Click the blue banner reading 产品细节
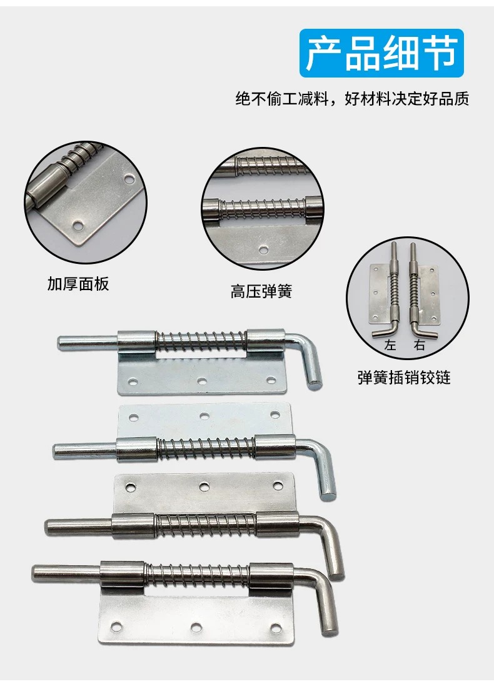tap(381, 53)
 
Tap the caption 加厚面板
tap(78, 284)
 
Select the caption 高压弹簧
tap(261, 291)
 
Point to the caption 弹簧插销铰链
tap(404, 378)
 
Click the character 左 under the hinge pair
tap(390, 345)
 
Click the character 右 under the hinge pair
tap(420, 345)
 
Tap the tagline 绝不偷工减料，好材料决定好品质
tap(352, 99)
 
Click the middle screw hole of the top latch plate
tap(202, 381)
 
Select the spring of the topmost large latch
tap(201, 343)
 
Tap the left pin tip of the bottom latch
tap(35, 573)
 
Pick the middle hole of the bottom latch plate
tap(196, 625)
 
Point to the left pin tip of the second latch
tap(56, 451)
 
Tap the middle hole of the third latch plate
tap(204, 486)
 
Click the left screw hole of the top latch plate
tap(131, 381)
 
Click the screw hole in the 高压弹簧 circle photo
tap(263, 250)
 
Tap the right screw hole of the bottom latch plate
tap(276, 627)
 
